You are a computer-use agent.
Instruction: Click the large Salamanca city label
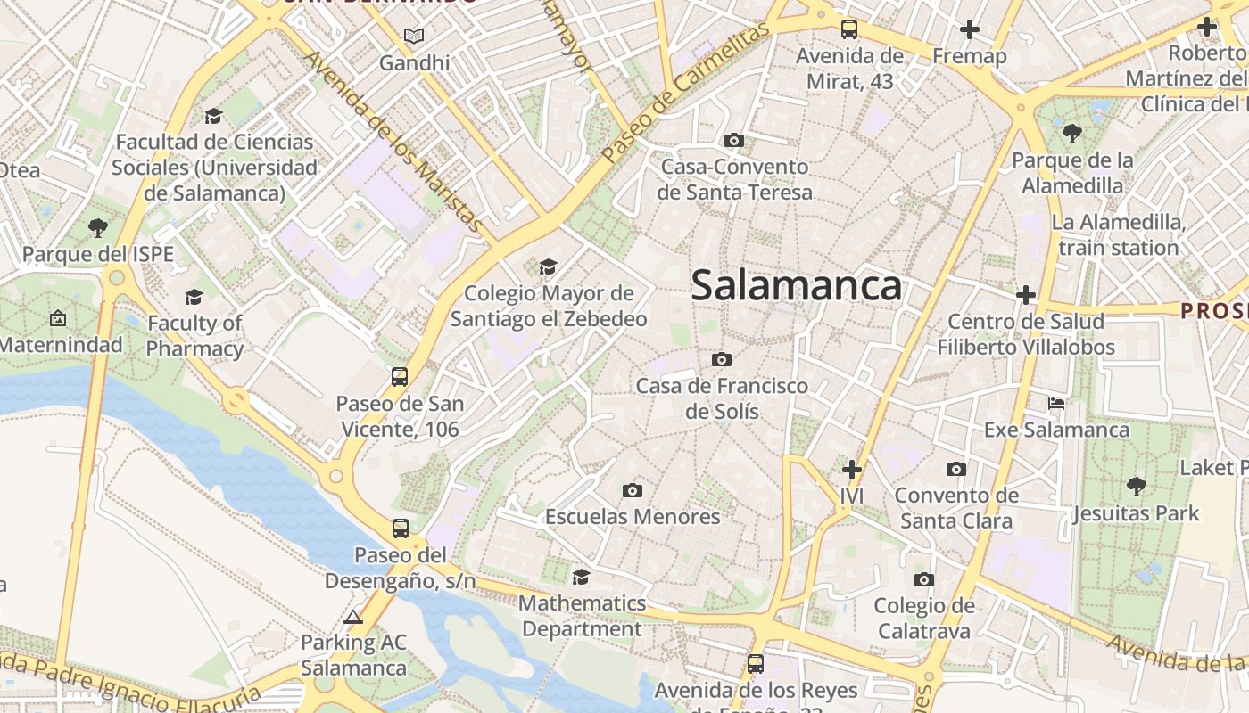[x=796, y=286]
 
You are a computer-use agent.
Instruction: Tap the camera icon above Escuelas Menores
[x=633, y=490]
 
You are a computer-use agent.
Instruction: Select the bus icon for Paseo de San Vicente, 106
[x=400, y=377]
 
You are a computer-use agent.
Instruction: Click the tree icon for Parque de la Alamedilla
[x=1072, y=134]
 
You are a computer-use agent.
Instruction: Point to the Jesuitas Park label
[x=1137, y=513]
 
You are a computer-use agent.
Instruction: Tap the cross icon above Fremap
[x=970, y=29]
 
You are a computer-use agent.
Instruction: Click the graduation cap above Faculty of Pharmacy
[x=194, y=297]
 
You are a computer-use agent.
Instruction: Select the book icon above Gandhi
[x=413, y=37]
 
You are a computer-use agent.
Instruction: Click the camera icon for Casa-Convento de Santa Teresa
[x=734, y=140]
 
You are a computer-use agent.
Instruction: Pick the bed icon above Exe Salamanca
[x=1056, y=404]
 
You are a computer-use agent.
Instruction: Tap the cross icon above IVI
[x=852, y=469]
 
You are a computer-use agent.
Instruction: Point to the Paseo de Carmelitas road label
[x=684, y=93]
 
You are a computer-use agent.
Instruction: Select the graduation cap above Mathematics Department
[x=581, y=577]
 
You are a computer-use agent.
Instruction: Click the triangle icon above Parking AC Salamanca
[x=353, y=617]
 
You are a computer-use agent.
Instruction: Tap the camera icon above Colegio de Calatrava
[x=924, y=580]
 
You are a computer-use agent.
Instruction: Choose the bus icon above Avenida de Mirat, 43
[x=849, y=29]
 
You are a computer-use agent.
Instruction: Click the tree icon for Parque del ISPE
[x=98, y=228]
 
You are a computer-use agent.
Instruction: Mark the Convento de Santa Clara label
[x=956, y=508]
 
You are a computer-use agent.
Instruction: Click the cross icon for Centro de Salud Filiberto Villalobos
[x=1026, y=295]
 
